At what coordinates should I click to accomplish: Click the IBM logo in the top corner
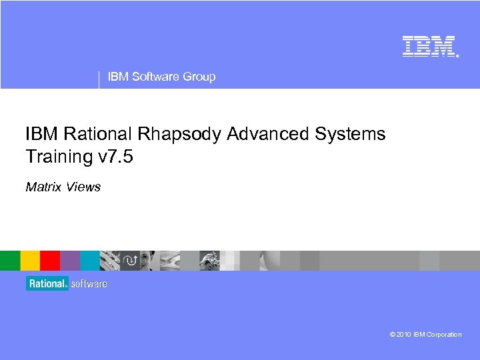[429, 46]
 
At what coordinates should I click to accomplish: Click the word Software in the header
[155, 77]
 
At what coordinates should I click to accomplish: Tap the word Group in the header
[199, 77]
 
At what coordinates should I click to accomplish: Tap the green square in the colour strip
[10, 260]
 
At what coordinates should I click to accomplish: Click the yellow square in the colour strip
[30, 260]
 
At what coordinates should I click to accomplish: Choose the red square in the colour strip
[50, 260]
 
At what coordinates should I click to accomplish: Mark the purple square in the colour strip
[70, 260]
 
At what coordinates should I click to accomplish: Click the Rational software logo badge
[67, 283]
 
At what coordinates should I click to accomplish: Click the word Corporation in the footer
[444, 335]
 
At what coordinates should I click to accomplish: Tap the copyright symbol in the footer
[393, 335]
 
